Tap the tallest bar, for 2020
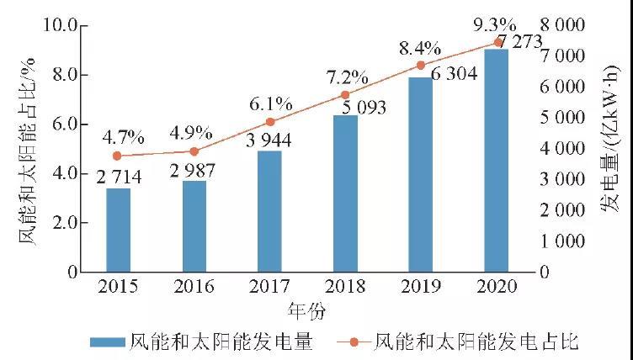point(497,160)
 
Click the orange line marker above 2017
point(269,122)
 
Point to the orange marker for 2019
point(421,66)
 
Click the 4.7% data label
point(122,135)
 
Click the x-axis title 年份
point(307,310)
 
